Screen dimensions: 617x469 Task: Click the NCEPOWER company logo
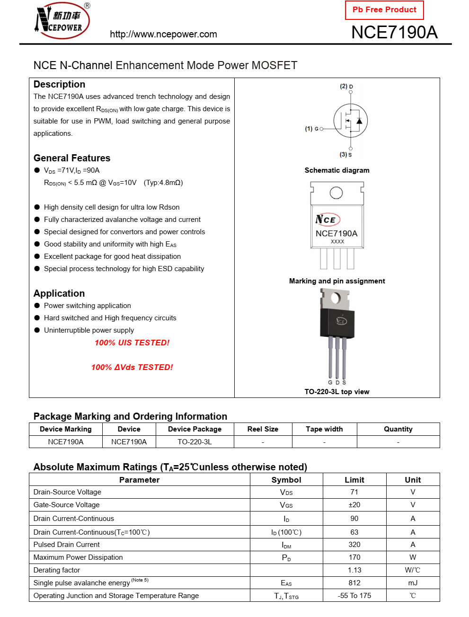tap(62, 21)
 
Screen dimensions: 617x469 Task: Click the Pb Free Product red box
tap(384, 10)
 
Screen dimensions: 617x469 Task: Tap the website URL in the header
tap(163, 34)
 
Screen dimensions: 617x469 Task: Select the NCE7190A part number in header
tap(394, 32)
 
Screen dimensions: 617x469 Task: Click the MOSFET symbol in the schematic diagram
tap(351, 121)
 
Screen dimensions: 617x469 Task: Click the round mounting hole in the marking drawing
tap(336, 193)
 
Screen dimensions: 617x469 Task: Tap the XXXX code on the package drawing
tap(337, 242)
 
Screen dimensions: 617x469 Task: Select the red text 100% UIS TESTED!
tap(132, 343)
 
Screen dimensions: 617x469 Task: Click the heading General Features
tap(72, 158)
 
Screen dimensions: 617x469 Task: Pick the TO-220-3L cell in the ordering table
tap(195, 442)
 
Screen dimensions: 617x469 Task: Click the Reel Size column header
tap(263, 429)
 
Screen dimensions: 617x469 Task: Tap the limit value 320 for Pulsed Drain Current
tap(354, 545)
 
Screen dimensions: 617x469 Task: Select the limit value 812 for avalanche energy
tap(354, 583)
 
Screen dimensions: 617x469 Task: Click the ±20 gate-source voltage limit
tap(354, 505)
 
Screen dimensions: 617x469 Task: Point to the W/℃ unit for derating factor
tap(413, 570)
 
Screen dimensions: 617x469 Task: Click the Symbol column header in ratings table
tap(286, 480)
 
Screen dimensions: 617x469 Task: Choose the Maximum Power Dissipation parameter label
tap(78, 557)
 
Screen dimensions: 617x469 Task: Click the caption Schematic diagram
tap(337, 170)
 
